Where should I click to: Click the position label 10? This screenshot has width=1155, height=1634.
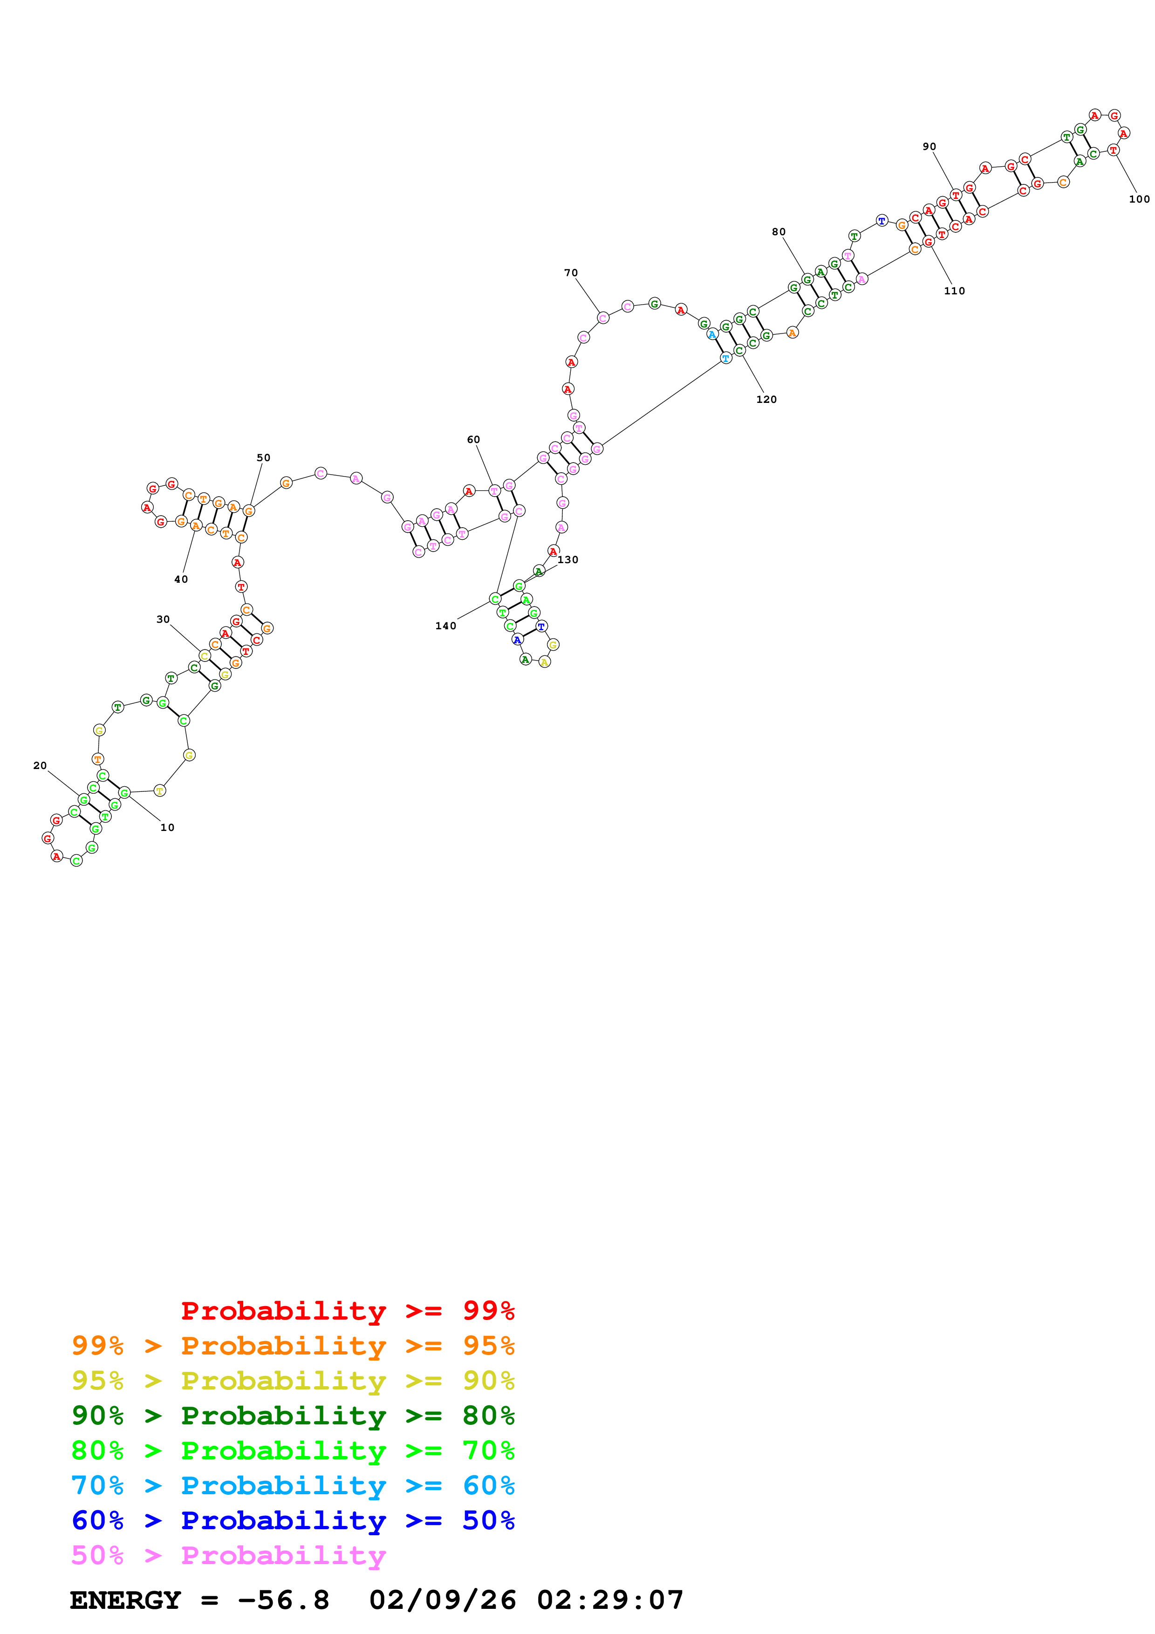[x=167, y=828]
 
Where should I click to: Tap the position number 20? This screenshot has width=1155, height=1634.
[x=40, y=766]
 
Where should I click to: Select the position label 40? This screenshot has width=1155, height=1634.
[x=181, y=579]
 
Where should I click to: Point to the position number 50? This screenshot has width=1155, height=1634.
[x=263, y=457]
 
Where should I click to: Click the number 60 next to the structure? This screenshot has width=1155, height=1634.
[x=473, y=440]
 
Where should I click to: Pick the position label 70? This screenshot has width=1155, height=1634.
[x=571, y=272]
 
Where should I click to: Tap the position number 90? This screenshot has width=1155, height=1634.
[x=929, y=147]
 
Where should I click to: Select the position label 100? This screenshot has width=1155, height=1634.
[x=1139, y=199]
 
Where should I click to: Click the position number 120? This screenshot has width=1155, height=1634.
[x=766, y=399]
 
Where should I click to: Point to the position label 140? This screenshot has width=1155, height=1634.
[x=445, y=626]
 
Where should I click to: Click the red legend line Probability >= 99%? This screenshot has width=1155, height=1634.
[x=347, y=1310]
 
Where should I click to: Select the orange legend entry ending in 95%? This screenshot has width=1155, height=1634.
[x=293, y=1346]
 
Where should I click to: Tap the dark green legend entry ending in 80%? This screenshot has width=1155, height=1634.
[x=293, y=1416]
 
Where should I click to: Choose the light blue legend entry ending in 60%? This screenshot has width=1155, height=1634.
[x=293, y=1485]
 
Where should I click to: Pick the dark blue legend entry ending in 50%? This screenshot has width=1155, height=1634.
[x=293, y=1520]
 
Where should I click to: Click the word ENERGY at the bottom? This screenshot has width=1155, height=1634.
[x=125, y=1600]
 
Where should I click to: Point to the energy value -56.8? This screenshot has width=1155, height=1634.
[x=284, y=1600]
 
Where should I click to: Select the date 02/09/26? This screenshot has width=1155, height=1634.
[x=443, y=1600]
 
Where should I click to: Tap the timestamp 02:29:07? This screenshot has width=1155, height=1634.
[x=610, y=1600]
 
